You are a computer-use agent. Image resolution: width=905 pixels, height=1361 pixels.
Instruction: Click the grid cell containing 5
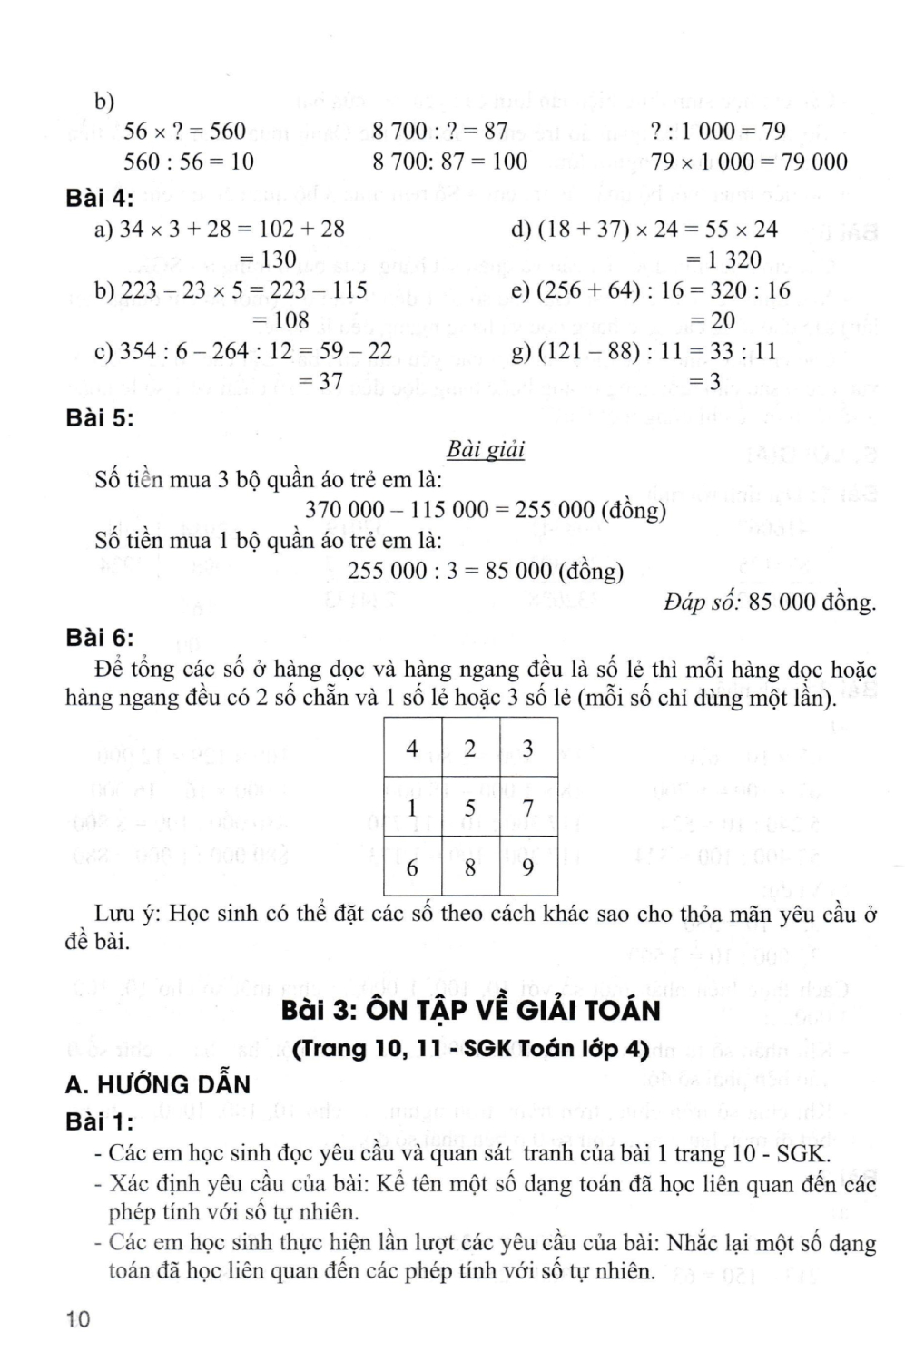[470, 807]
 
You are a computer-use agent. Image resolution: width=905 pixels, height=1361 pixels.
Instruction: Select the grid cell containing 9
[527, 867]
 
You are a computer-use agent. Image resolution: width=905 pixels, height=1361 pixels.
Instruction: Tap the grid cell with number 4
[412, 748]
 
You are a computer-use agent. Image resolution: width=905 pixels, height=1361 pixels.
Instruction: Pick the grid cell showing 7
[527, 807]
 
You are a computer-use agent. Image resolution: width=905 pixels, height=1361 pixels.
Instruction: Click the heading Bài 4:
[100, 197]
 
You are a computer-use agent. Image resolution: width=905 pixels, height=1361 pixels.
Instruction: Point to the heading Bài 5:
[100, 418]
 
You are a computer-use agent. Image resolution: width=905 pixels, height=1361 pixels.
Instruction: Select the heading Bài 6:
[100, 638]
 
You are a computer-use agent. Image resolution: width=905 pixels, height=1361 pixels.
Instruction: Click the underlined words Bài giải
[486, 450]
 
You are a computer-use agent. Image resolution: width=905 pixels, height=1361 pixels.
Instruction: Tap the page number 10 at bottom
[78, 1320]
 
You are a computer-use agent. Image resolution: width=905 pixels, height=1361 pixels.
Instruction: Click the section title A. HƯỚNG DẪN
[158, 1084]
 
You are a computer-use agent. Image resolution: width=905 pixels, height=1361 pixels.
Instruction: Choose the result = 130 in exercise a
[268, 259]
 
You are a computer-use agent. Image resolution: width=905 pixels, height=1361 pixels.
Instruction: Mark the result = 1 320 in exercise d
[723, 259]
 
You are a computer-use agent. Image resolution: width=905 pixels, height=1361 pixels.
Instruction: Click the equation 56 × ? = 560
[184, 132]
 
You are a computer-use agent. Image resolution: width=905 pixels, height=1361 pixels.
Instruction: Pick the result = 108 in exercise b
[280, 320]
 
